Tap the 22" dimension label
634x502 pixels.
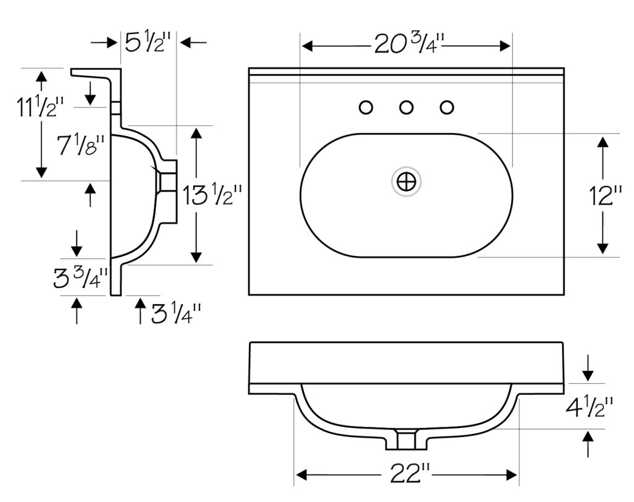click(410, 473)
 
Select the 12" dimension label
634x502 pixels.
click(606, 196)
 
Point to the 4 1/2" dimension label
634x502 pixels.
click(589, 407)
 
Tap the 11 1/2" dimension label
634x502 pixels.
click(40, 107)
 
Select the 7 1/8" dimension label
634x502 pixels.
click(81, 145)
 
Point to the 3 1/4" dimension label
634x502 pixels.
click(176, 313)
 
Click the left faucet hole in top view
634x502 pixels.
click(366, 108)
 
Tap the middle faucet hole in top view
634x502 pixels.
click(406, 108)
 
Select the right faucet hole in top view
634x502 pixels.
click(447, 108)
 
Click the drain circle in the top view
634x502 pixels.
click(406, 182)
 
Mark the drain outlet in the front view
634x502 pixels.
click(406, 440)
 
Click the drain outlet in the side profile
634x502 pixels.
click(168, 181)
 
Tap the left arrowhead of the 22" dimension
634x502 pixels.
click(300, 475)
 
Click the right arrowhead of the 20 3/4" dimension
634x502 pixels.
click(505, 46)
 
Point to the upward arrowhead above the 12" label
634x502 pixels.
click(603, 142)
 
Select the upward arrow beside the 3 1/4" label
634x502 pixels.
click(141, 311)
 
